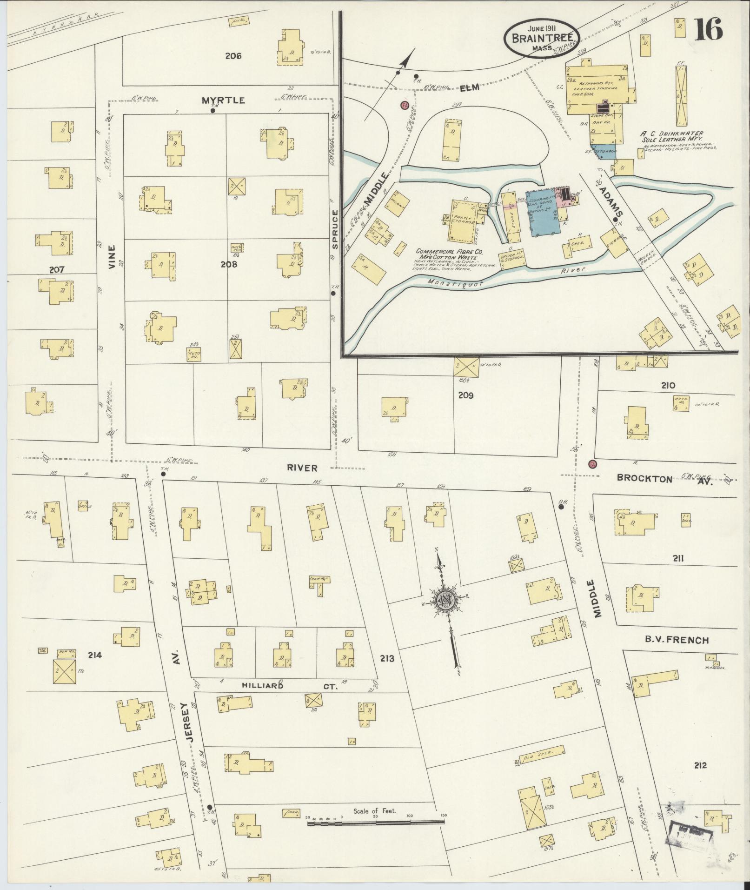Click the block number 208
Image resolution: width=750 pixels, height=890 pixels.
click(229, 264)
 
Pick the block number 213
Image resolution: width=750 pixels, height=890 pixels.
click(386, 658)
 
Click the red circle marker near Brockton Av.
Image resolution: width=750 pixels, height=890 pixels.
click(592, 464)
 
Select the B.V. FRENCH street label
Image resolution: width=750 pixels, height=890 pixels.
click(676, 640)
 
